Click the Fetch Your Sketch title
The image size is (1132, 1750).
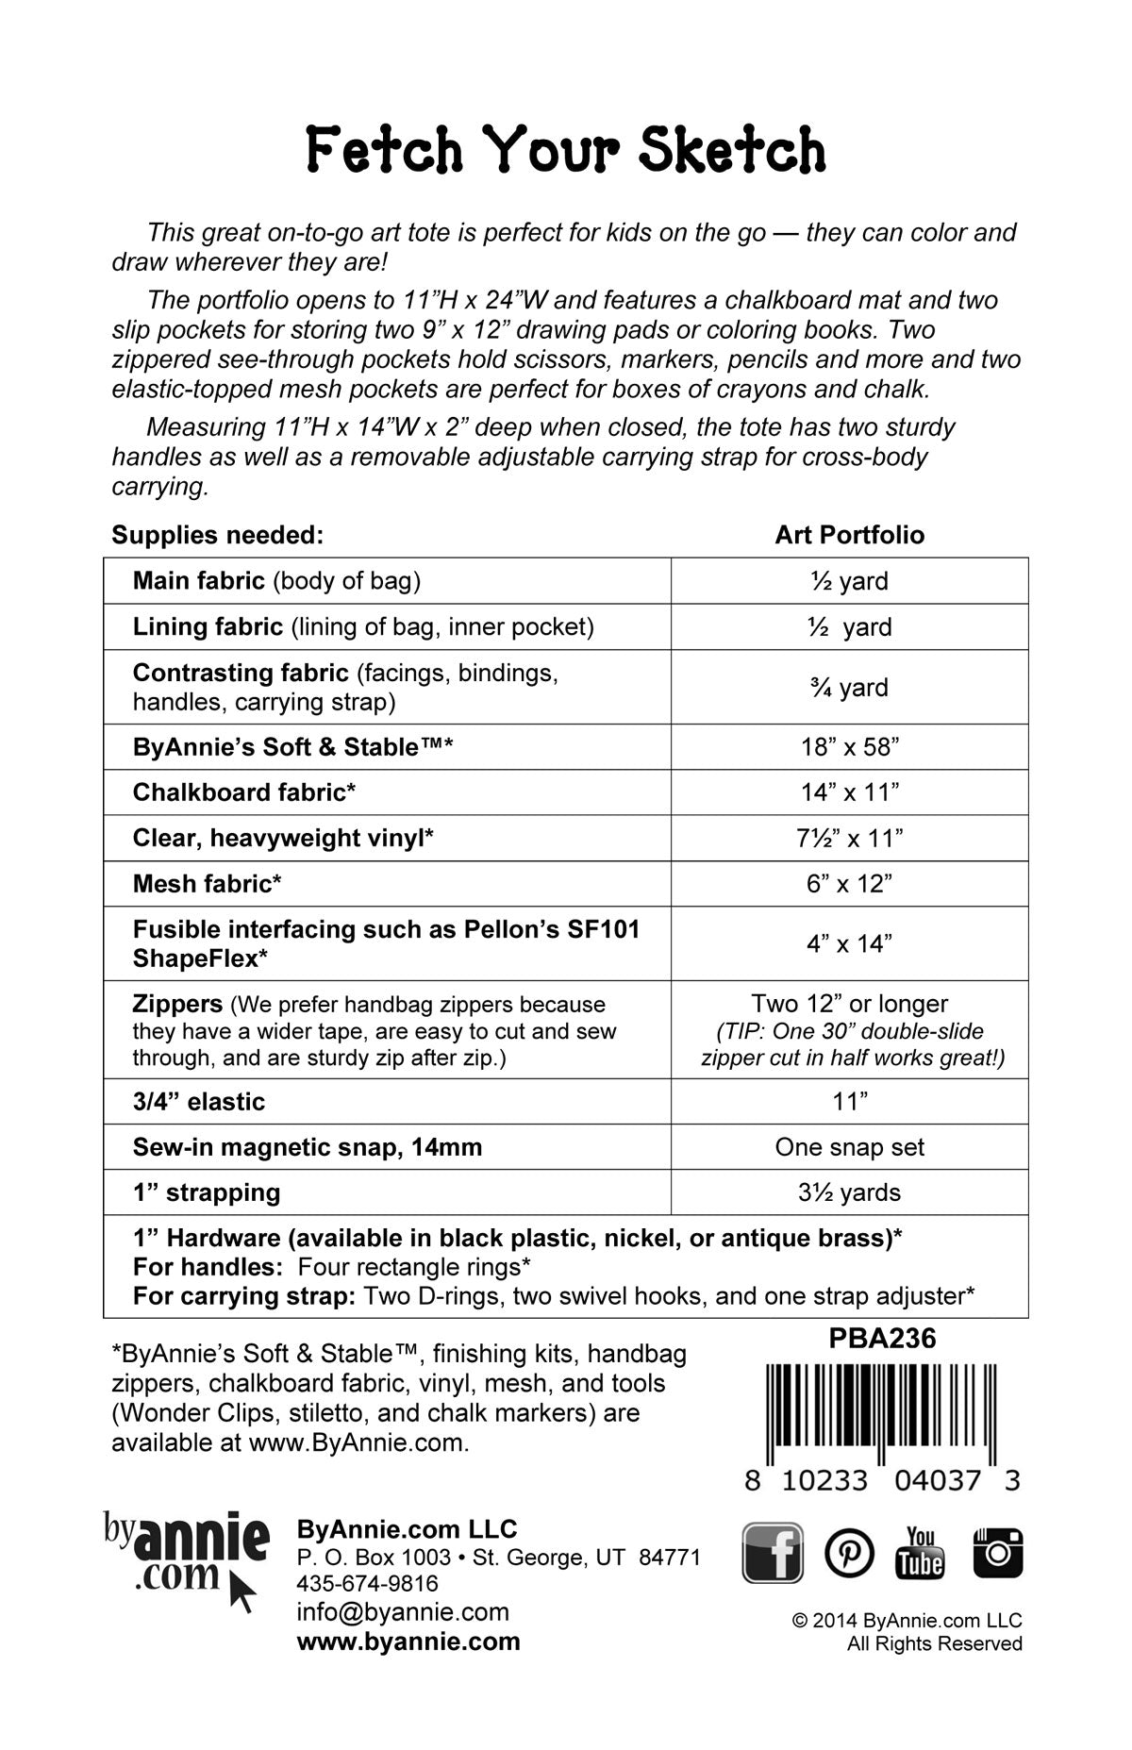(566, 151)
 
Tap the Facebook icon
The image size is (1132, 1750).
(773, 1552)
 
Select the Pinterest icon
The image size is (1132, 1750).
(849, 1552)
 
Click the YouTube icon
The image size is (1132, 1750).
(920, 1552)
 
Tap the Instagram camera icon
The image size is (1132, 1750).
(997, 1552)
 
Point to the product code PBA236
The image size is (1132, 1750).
(882, 1339)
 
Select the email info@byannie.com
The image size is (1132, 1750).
(403, 1612)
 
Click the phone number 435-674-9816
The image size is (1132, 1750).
(367, 1583)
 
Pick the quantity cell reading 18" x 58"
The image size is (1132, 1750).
(850, 747)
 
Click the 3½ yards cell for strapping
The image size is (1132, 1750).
(849, 1192)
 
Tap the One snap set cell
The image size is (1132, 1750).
(849, 1147)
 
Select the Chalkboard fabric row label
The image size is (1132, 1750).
(244, 792)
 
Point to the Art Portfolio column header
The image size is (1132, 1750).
(849, 535)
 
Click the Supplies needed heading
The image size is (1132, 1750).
(218, 535)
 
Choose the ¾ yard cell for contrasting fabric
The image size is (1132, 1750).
(849, 687)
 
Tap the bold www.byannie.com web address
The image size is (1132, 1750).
(408, 1642)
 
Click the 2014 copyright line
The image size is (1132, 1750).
(907, 1621)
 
